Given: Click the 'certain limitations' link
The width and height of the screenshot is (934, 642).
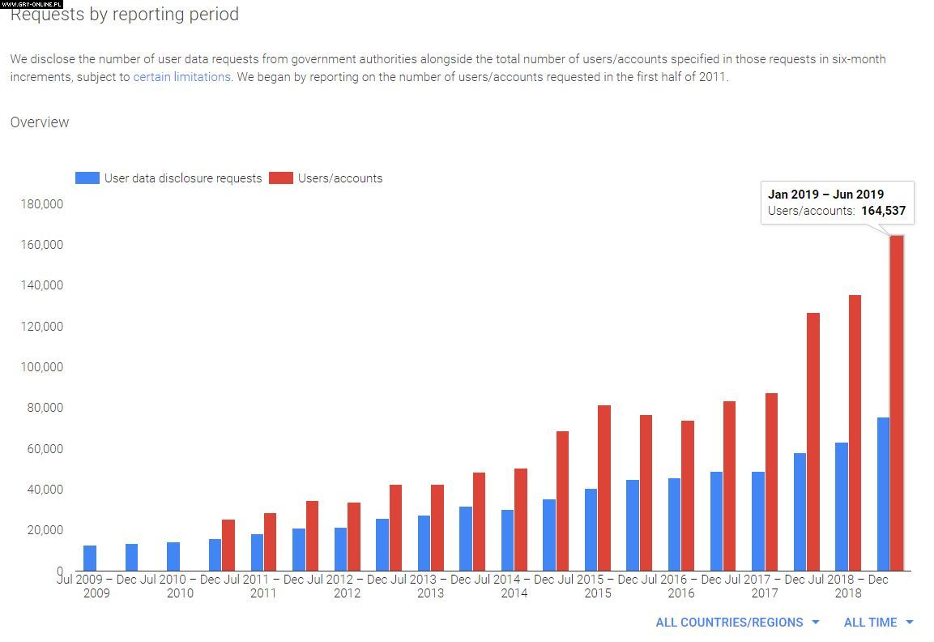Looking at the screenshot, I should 181,77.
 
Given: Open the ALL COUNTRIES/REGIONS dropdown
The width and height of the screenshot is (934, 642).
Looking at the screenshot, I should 737,623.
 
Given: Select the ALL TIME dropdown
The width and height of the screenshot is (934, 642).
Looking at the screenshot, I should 878,623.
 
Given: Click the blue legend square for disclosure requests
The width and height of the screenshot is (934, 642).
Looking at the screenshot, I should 87,178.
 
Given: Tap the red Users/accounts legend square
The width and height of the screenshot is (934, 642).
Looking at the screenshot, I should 280,178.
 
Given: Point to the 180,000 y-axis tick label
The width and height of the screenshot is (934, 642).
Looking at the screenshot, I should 41,204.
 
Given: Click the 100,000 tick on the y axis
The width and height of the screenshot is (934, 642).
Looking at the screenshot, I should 41,367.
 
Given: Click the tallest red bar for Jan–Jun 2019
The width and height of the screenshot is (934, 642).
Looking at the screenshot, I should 897,405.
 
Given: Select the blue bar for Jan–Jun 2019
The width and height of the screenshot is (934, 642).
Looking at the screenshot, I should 883,494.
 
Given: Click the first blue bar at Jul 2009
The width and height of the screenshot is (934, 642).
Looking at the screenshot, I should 90,559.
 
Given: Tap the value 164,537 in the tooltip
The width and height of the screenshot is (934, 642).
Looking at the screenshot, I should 883,211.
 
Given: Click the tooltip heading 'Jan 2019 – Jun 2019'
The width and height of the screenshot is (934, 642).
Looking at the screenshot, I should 825,195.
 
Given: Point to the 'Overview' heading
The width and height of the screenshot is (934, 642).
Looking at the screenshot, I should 40,122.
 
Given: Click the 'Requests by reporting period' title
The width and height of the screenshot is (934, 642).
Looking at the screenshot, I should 125,15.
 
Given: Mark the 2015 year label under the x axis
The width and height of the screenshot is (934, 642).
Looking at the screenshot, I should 598,593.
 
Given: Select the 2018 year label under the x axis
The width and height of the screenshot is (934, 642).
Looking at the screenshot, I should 848,593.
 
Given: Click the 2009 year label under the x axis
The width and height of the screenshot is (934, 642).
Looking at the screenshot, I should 96,593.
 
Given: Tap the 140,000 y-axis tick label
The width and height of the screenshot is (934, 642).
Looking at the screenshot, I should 41,285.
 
